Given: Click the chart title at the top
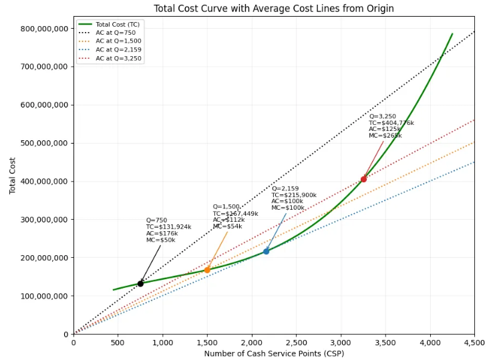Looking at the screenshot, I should click(x=273, y=9).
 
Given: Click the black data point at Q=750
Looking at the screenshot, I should click(x=140, y=283).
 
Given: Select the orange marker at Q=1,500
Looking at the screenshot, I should click(x=207, y=270).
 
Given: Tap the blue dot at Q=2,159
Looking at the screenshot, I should click(x=266, y=251).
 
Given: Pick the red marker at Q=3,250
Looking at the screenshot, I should click(x=363, y=179).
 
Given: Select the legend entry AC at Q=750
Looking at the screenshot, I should click(x=116, y=33).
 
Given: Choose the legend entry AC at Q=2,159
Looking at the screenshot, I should click(x=118, y=50).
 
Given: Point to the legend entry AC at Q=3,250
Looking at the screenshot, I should click(x=118, y=59).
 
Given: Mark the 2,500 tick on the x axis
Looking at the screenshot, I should click(x=296, y=343).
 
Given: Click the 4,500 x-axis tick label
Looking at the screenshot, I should click(x=474, y=343).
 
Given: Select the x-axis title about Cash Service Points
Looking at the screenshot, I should click(x=274, y=353).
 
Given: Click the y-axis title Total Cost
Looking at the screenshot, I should click(x=12, y=176).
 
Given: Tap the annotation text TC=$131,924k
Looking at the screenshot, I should click(x=168, y=227).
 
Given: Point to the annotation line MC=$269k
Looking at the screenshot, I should click(x=385, y=136).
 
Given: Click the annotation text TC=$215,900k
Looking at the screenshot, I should click(x=294, y=195).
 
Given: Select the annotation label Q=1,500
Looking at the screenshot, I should click(x=226, y=207).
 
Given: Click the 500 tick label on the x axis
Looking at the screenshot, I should click(x=118, y=343).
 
